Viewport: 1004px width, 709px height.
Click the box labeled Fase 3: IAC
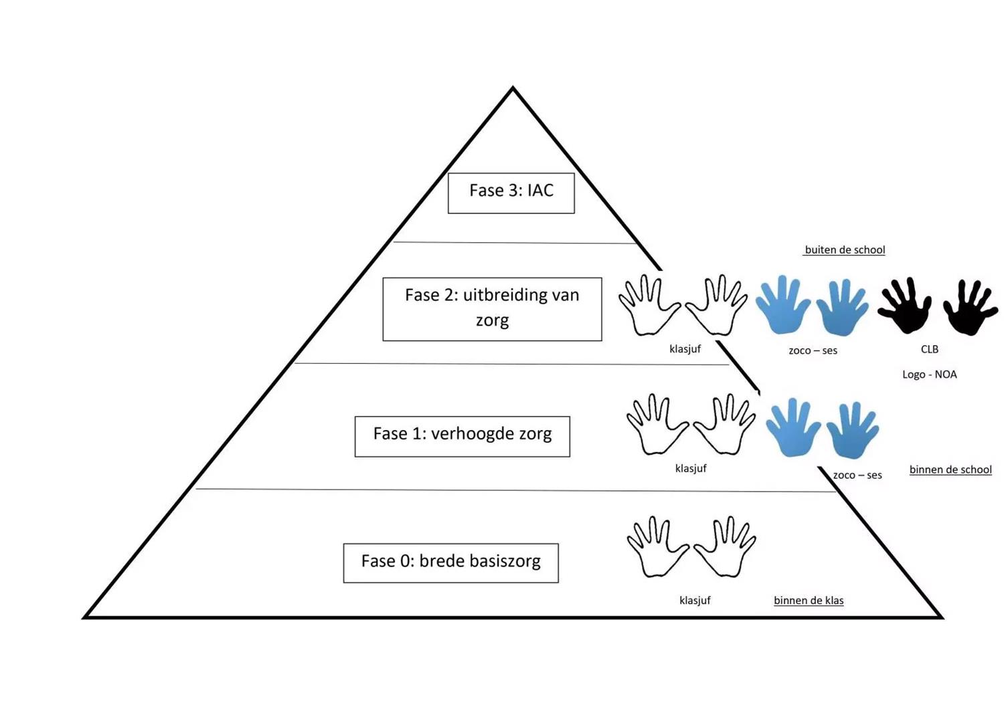pos(511,193)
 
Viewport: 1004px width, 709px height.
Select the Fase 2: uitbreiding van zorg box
pos(492,309)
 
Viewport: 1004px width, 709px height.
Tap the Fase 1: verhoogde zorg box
pos(463,436)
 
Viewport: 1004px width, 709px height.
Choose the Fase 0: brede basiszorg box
pos(450,563)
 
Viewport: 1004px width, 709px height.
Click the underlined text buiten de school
pos(845,250)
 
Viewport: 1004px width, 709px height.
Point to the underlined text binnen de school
pos(950,470)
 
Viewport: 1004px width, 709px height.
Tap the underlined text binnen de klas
pos(809,601)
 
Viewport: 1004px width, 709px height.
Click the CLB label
pos(930,349)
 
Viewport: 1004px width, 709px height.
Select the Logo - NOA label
pos(930,375)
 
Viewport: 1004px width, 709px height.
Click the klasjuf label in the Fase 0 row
pos(695,601)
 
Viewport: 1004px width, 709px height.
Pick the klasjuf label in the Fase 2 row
pos(685,349)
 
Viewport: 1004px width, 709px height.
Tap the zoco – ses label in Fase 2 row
pos(813,350)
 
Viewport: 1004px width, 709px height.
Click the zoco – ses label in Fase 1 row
pos(857,476)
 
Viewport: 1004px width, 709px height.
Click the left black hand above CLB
pos(904,306)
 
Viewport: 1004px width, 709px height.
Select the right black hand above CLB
pos(970,307)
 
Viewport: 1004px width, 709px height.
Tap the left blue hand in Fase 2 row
pos(782,305)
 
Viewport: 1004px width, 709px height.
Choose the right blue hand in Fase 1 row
pos(852,431)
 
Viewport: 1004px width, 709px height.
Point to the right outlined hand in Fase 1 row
pos(725,425)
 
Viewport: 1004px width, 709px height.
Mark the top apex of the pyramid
pos(513,88)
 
